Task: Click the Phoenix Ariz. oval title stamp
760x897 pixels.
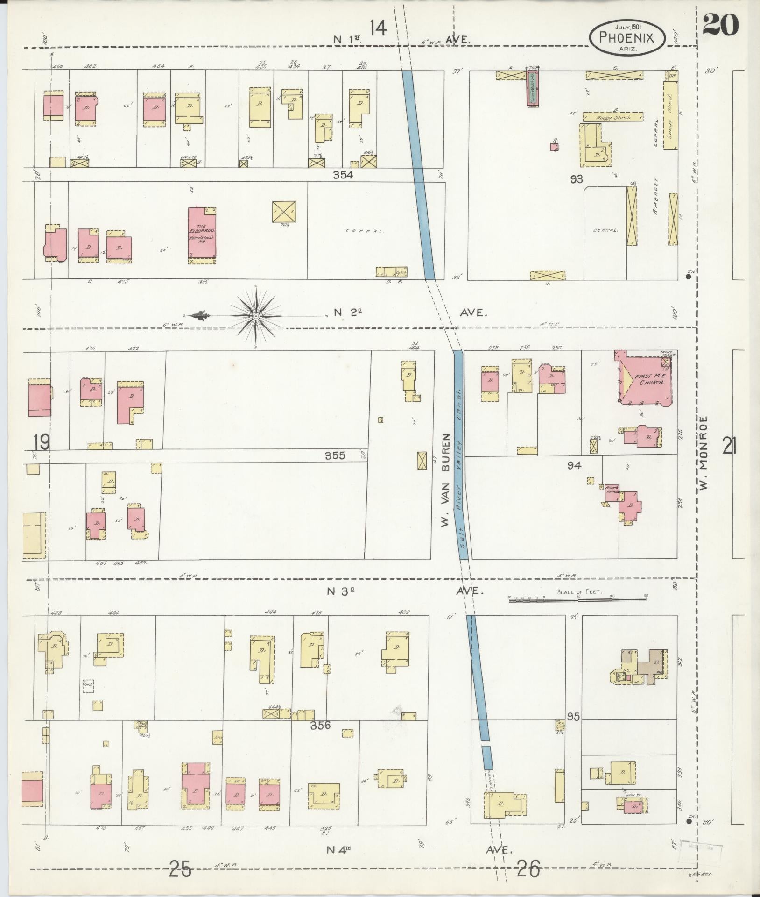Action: [x=626, y=37]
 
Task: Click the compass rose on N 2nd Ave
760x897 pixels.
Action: [x=256, y=316]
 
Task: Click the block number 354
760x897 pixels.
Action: [x=343, y=175]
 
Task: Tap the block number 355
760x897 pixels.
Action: [x=335, y=455]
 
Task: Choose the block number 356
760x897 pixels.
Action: [x=321, y=726]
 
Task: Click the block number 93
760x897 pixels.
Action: [x=577, y=178]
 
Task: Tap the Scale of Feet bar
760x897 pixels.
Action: [x=578, y=598]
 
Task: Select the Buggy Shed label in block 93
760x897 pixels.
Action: [x=613, y=118]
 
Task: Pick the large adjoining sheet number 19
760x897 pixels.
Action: [x=42, y=441]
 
